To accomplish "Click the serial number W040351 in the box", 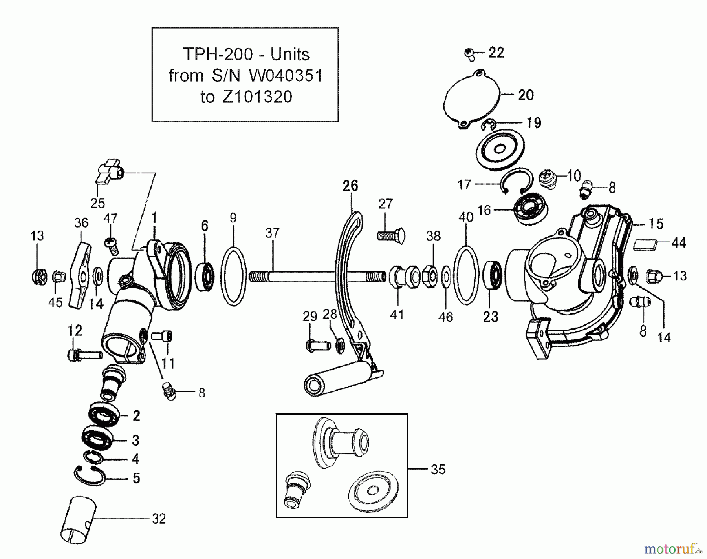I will (x=286, y=76).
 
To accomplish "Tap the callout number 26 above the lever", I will (x=350, y=186).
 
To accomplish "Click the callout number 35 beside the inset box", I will (x=438, y=470).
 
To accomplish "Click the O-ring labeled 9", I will (x=233, y=275).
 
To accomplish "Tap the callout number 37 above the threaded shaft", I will (x=272, y=233).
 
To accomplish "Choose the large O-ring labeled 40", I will (x=466, y=275).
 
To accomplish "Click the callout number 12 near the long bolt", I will (x=75, y=331).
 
